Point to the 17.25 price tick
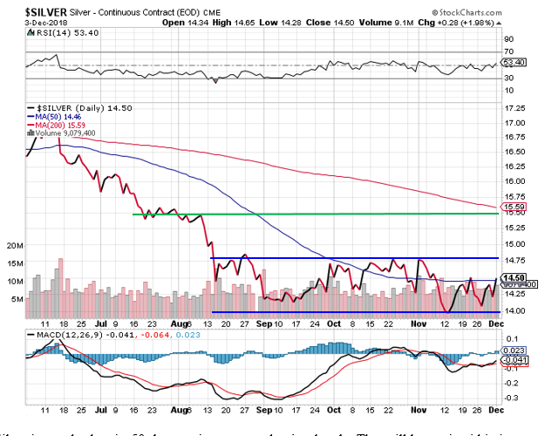(516, 108)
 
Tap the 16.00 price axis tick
(516, 181)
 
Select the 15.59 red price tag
(512, 207)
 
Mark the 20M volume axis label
(14, 247)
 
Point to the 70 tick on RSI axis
(508, 39)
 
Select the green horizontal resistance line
(314, 213)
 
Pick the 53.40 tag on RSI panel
(513, 63)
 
